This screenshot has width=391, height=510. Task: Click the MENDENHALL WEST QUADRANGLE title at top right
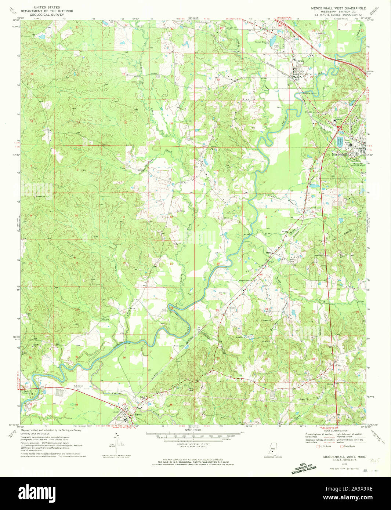tap(338, 8)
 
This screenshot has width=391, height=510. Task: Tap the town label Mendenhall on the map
tap(337, 154)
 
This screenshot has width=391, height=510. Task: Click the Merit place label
tap(269, 253)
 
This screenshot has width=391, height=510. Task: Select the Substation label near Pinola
tap(79, 386)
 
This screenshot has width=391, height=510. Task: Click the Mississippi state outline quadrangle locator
tap(273, 448)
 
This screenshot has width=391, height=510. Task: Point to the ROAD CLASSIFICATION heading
tap(335, 430)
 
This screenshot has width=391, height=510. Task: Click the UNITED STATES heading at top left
tap(47, 7)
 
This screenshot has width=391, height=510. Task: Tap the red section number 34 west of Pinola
tap(77, 405)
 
